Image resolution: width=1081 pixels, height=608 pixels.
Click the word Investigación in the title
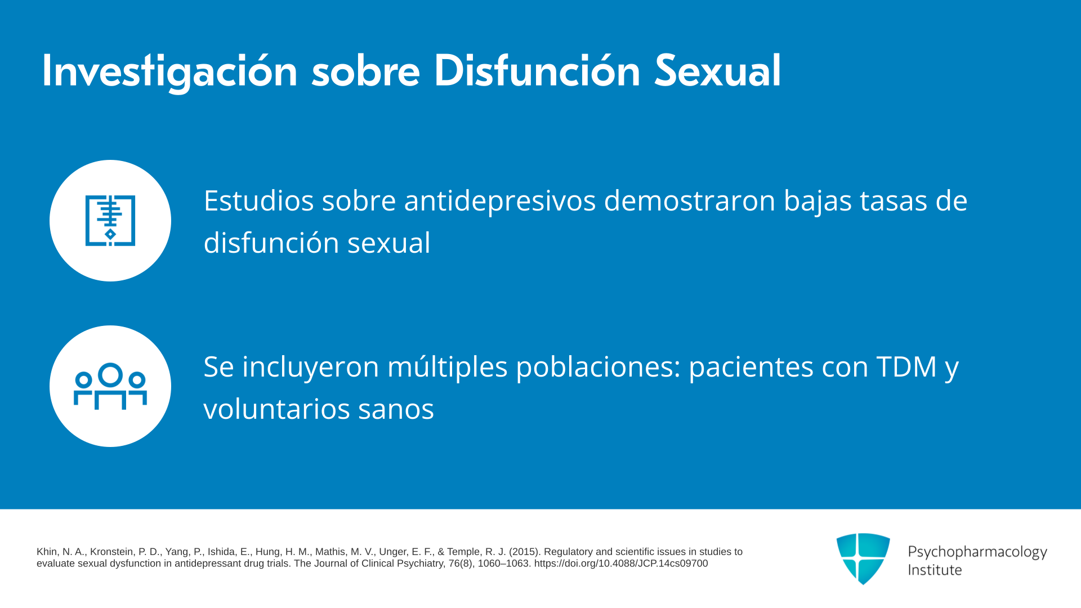(169, 71)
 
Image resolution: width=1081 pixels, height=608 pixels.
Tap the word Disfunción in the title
(537, 71)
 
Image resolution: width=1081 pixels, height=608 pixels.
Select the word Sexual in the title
(718, 71)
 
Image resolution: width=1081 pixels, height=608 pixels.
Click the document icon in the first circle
(110, 221)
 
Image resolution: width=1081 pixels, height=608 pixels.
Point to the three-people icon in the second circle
(110, 386)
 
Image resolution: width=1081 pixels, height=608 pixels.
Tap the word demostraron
(690, 200)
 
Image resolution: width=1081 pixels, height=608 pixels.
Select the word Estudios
(259, 200)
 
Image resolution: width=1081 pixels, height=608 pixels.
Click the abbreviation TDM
(906, 367)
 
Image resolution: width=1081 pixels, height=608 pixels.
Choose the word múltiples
(448, 367)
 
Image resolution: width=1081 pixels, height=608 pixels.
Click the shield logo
(863, 558)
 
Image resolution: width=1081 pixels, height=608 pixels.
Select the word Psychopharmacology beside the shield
(977, 552)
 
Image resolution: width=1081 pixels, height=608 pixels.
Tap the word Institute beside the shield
(935, 570)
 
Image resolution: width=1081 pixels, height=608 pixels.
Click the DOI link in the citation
(621, 564)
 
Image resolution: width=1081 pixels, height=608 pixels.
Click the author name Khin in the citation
(47, 552)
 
